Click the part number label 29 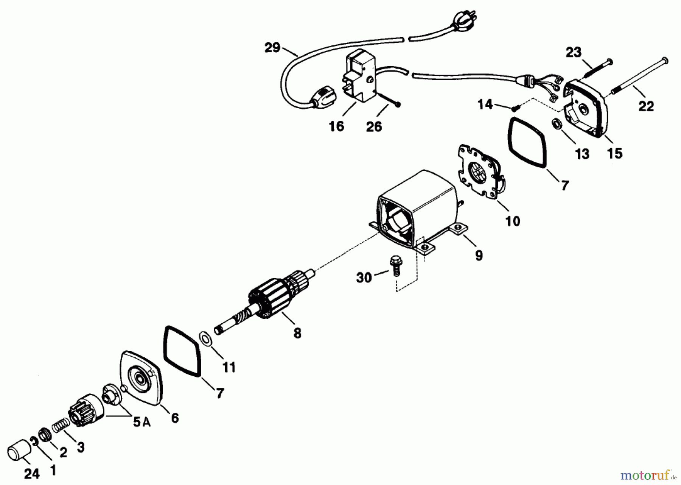272,48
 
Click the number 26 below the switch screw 374,126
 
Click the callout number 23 573,52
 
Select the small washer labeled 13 555,124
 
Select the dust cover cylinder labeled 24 19,449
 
